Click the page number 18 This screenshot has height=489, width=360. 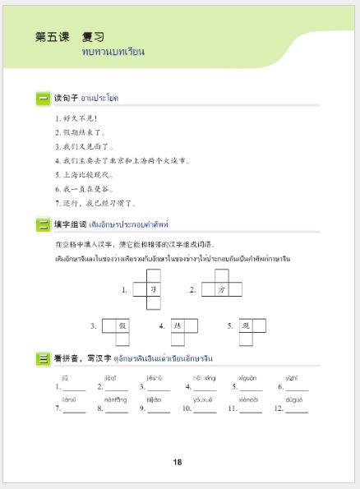(178, 462)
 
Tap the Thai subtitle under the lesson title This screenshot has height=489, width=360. (113, 52)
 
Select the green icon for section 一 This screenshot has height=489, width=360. (43, 99)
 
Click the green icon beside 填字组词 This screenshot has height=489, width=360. (43, 224)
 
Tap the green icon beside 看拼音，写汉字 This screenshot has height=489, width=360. (43, 358)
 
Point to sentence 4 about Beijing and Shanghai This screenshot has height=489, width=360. (123, 160)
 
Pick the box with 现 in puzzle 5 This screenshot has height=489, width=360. (245, 325)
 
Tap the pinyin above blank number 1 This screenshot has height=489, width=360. (64, 377)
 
